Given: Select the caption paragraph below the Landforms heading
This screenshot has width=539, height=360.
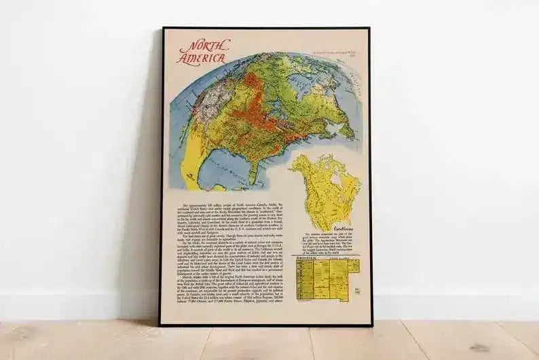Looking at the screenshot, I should tap(327, 239).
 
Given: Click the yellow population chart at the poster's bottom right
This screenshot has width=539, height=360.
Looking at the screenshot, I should tap(325, 279).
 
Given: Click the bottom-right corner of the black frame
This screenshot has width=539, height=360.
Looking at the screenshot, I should tap(371, 324).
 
